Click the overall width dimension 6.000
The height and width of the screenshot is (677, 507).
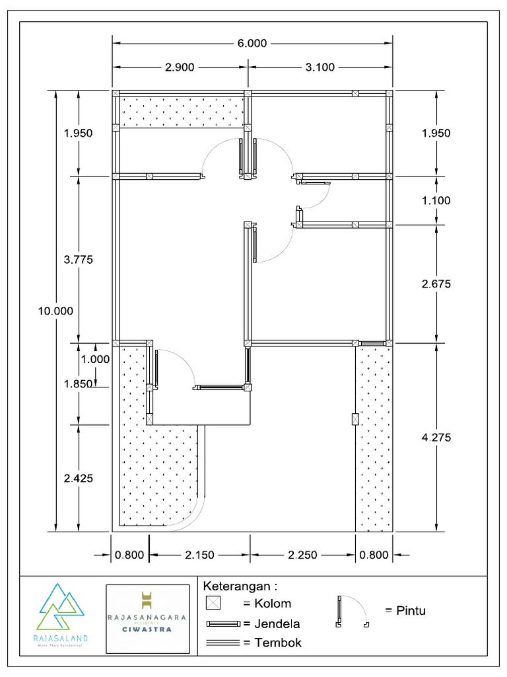(252, 44)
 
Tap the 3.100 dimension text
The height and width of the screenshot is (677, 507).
(320, 67)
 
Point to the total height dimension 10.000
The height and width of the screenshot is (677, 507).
(55, 311)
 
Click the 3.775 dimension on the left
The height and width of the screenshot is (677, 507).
(79, 260)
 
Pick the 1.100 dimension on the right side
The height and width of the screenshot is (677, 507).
(435, 200)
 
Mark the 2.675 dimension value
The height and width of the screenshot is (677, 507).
(435, 284)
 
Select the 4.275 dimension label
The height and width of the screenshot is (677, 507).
(435, 437)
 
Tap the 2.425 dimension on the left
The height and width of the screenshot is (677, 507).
(79, 478)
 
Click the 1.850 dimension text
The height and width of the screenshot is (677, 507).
(79, 383)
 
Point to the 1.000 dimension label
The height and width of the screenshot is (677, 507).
(95, 360)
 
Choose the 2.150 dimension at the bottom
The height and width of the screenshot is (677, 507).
(199, 555)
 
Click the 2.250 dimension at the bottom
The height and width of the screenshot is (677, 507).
(302, 555)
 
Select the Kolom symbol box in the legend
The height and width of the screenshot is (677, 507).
(213, 603)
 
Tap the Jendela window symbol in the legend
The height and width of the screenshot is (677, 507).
(223, 623)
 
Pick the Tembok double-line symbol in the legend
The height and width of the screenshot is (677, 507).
(223, 642)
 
